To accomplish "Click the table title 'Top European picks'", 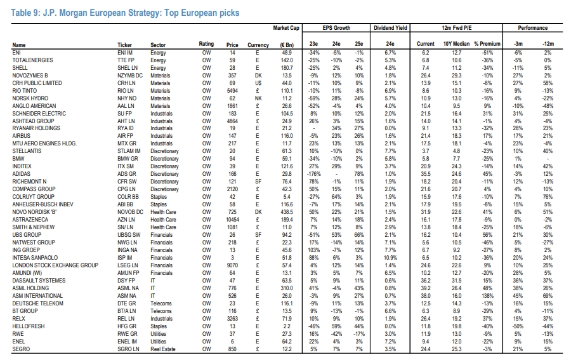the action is pos(202,13).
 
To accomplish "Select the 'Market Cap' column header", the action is pos(286,28).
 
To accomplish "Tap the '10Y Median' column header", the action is pos(456,44).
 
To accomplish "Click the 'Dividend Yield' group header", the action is pos(390,28).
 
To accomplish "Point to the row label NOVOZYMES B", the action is pos(30,76).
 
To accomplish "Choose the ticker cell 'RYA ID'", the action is pos(125,128).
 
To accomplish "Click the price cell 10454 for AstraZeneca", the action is pos(232,220).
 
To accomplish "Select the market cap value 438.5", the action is pos(287,212).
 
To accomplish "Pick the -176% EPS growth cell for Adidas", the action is pos(313,174).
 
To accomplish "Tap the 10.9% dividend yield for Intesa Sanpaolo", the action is pos(390,258).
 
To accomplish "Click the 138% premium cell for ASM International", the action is pos(487,296).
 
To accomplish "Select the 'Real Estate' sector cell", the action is pos(163,349).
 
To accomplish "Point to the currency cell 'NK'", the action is pos(258,98).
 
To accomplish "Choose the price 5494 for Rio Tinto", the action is pos(232,91).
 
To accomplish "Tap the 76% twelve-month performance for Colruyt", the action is pos(548,197).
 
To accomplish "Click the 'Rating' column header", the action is pos(206,44).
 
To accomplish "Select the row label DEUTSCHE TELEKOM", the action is pos(38,303).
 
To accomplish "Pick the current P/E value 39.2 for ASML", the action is pos(425,288).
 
